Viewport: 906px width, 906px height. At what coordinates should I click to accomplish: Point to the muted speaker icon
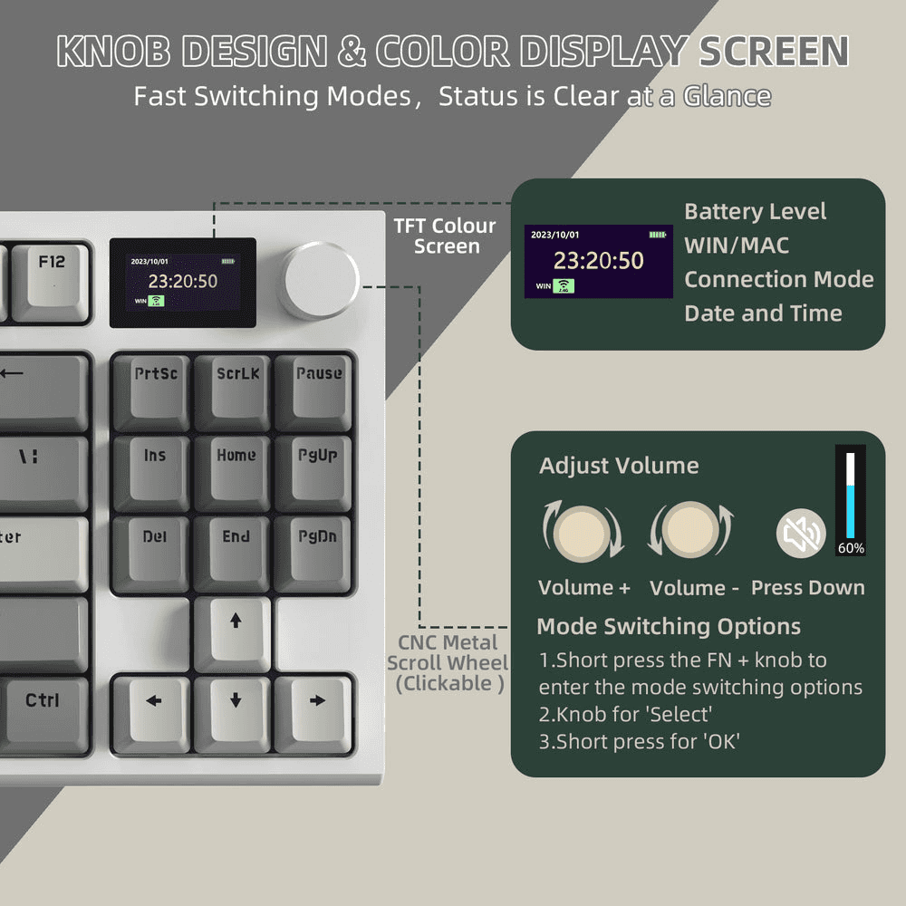coord(801,534)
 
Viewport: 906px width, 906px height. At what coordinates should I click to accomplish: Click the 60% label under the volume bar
coord(850,548)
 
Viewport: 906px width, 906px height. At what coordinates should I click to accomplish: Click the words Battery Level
coord(755,212)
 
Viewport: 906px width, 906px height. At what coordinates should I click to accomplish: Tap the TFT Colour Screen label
coord(444,236)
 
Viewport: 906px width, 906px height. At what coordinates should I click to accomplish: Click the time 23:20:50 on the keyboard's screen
coord(182,281)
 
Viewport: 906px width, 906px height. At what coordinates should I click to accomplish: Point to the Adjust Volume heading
coord(619,466)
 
